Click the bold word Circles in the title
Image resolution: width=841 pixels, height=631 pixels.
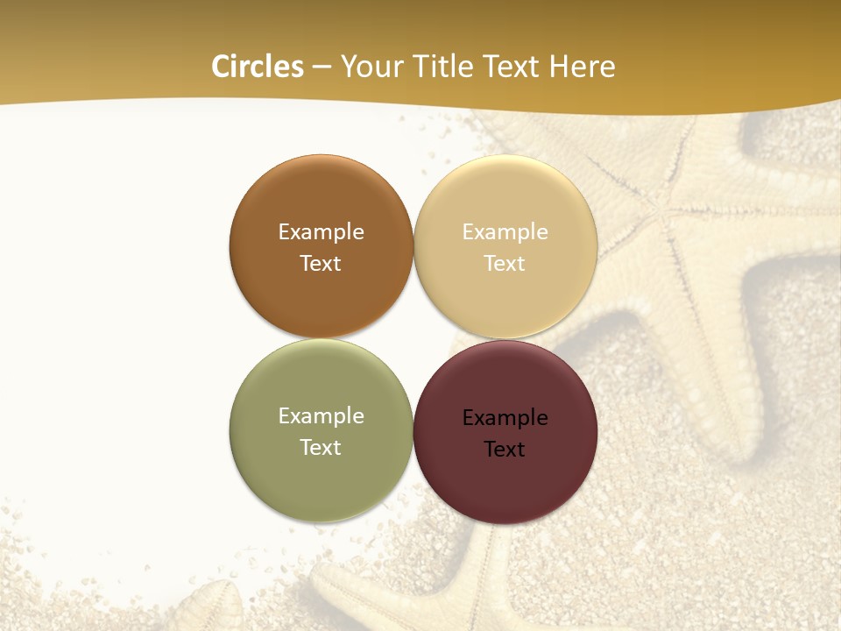tap(258, 67)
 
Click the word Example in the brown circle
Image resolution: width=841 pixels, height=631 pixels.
tap(321, 232)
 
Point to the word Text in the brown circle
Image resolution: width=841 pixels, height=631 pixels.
tap(321, 264)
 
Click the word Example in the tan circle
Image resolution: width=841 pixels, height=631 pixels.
tap(505, 232)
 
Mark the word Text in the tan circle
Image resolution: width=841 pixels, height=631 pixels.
tap(505, 264)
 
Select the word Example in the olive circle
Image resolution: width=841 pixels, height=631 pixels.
tap(321, 416)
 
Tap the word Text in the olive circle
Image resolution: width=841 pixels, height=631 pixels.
tap(321, 448)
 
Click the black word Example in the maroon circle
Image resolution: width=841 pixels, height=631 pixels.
tap(505, 418)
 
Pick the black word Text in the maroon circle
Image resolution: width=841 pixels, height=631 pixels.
tap(505, 450)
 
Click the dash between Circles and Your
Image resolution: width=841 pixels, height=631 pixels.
tap(322, 67)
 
